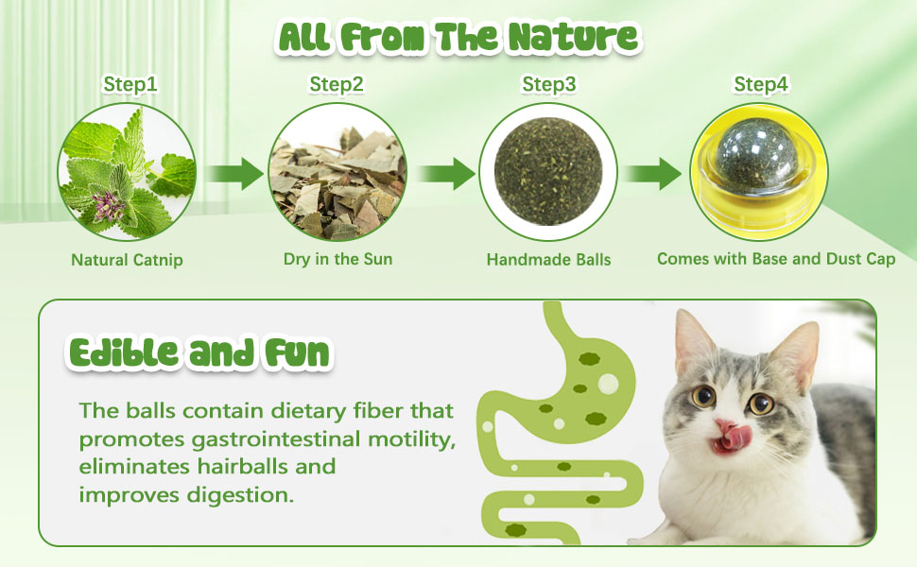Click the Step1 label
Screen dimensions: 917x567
(130, 84)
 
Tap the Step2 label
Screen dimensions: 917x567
(337, 84)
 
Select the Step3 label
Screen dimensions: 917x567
(548, 84)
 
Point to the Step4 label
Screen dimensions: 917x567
(761, 84)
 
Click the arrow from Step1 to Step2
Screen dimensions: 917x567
(234, 174)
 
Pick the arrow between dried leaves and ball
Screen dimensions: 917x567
(445, 174)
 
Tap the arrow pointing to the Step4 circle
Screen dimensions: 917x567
(651, 174)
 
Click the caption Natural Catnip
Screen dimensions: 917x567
(127, 260)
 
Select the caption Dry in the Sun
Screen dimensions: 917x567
(338, 259)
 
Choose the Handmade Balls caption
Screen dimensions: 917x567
(548, 260)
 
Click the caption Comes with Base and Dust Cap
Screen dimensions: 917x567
(776, 259)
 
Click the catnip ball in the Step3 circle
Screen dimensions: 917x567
(548, 171)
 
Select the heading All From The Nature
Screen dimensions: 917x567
(458, 37)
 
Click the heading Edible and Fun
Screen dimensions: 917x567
(199, 353)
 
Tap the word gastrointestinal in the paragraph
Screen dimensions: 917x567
(276, 439)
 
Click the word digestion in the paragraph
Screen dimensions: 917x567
(240, 495)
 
